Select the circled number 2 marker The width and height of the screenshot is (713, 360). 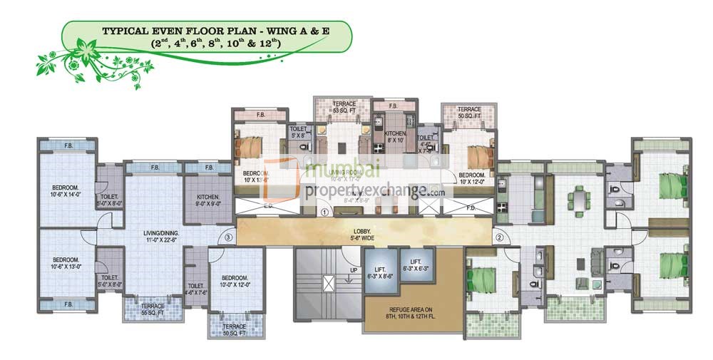pyautogui.click(x=500, y=237)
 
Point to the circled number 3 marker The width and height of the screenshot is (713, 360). pyautogui.click(x=228, y=237)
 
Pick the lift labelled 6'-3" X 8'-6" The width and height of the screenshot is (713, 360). pyautogui.click(x=379, y=272)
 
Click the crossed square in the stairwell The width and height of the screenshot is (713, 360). pyautogui.click(x=329, y=282)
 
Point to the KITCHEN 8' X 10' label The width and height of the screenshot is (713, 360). pyautogui.click(x=396, y=137)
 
